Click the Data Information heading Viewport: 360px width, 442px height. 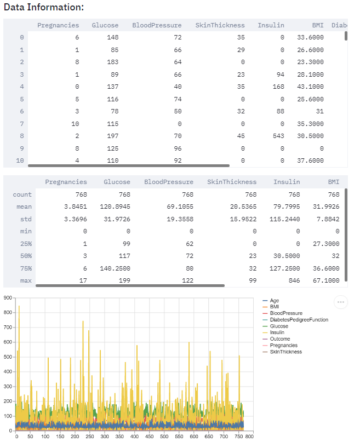(x=44, y=8)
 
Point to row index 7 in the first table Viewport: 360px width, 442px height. (x=21, y=124)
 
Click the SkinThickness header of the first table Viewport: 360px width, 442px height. (x=220, y=25)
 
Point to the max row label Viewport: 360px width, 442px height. (x=25, y=281)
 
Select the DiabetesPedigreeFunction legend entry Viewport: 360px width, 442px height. (x=299, y=320)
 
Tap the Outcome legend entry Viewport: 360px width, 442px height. (x=280, y=339)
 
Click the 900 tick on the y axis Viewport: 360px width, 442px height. (x=7, y=298)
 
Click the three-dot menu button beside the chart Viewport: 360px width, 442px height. (x=341, y=302)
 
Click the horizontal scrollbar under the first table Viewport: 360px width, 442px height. (x=128, y=164)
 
